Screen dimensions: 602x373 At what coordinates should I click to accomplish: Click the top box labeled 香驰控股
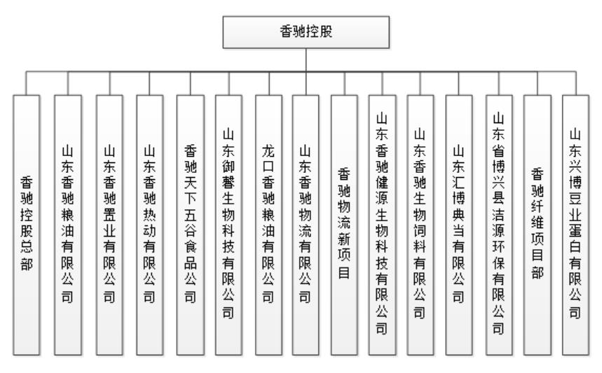(x=306, y=32)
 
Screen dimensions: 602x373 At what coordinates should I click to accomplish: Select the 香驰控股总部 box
(x=27, y=225)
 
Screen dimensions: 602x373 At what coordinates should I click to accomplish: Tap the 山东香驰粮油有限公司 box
(x=68, y=225)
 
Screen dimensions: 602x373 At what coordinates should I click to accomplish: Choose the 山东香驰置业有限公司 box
(x=109, y=225)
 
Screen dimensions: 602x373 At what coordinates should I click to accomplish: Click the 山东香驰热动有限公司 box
(x=150, y=225)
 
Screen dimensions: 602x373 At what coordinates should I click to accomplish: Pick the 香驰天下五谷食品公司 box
(x=191, y=225)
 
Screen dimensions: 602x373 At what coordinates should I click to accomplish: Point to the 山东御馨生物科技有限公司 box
(x=229, y=225)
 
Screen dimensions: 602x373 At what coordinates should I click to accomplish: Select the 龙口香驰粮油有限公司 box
(x=268, y=225)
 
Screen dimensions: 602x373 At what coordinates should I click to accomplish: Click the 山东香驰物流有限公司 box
(x=306, y=225)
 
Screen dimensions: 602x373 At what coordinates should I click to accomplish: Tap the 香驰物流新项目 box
(x=344, y=225)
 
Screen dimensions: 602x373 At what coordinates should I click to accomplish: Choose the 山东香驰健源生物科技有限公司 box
(x=382, y=225)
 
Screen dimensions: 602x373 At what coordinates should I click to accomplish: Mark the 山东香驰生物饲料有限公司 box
(x=420, y=225)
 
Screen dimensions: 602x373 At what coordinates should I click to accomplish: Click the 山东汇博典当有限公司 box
(x=459, y=225)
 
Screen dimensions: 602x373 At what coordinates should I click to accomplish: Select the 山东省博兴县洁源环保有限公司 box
(x=499, y=225)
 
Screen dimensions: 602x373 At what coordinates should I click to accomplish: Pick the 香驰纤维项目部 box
(x=538, y=225)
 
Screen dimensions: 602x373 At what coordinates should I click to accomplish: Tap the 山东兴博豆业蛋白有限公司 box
(x=576, y=225)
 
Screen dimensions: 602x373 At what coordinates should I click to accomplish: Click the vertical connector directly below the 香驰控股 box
(x=306, y=59)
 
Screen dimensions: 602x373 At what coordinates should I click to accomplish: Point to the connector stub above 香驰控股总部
(x=26, y=83)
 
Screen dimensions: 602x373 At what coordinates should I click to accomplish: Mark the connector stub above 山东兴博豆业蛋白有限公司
(x=576, y=83)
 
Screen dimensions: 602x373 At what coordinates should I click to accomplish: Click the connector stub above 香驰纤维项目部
(x=538, y=83)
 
